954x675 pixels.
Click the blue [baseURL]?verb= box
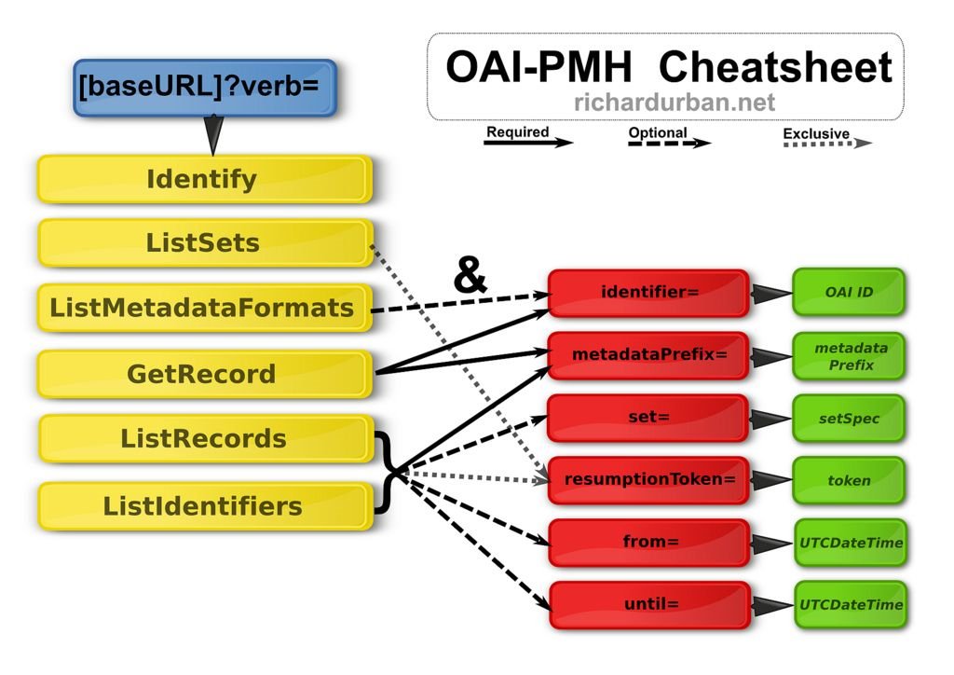point(204,88)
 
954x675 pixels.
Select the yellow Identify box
point(204,179)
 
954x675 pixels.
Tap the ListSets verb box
point(205,242)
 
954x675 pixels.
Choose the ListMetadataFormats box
point(204,308)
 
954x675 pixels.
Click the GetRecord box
point(204,374)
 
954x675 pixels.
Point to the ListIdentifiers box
point(205,506)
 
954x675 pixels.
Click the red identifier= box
point(648,293)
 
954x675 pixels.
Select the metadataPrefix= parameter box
point(648,355)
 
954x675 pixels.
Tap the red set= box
point(648,418)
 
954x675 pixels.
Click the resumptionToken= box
point(648,480)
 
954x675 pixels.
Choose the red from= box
point(649,543)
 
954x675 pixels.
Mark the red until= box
point(649,605)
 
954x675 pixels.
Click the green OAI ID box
point(849,292)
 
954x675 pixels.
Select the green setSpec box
point(849,419)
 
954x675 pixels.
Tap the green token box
point(849,481)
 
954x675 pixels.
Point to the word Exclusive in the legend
point(816,133)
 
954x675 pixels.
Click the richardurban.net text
point(675,103)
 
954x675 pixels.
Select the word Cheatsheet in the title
point(775,66)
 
